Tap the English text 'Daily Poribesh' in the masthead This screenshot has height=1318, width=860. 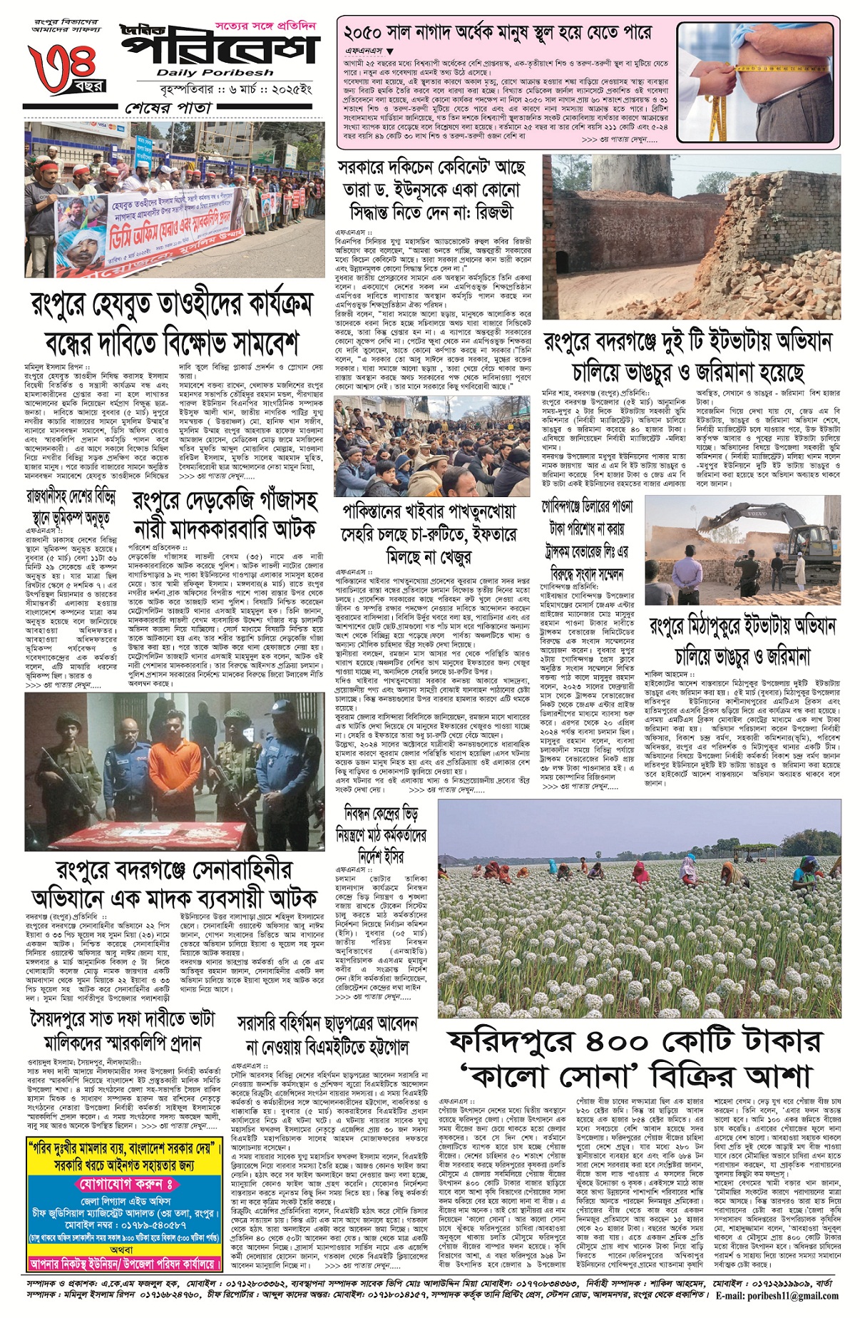coord(215,72)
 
